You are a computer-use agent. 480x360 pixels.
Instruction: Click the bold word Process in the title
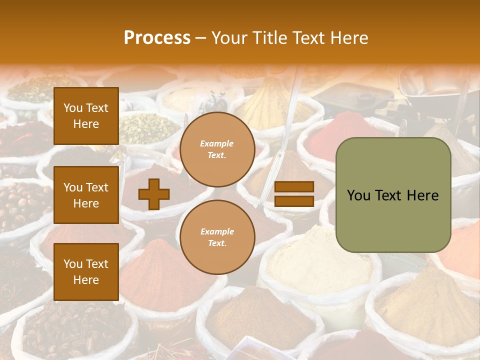click(157, 37)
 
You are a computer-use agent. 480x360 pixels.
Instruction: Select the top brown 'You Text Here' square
click(86, 116)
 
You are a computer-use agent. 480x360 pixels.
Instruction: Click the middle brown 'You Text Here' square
click(86, 195)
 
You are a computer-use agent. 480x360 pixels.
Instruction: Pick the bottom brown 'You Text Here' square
click(86, 271)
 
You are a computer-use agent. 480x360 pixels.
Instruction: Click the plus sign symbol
click(154, 193)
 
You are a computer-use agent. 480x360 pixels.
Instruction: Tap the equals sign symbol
click(294, 194)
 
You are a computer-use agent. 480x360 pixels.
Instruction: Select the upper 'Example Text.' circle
click(217, 149)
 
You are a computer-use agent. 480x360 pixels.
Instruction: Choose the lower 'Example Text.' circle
click(217, 237)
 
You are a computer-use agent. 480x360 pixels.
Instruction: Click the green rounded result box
click(393, 195)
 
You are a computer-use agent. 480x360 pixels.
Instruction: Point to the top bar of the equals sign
click(294, 187)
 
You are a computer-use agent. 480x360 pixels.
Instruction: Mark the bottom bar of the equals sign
click(294, 201)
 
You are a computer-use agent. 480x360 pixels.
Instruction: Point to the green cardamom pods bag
click(147, 127)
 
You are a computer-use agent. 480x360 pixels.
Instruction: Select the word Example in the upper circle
click(217, 143)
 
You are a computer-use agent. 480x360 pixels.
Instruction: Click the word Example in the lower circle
click(217, 231)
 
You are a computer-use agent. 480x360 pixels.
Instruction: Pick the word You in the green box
click(358, 195)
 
